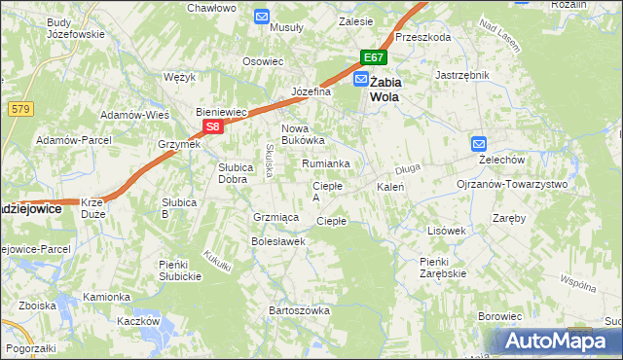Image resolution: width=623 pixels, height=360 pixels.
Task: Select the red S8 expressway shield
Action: (214, 126)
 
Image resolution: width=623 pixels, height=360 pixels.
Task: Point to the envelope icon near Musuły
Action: (262, 16)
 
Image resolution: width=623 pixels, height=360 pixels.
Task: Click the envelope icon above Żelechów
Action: (478, 144)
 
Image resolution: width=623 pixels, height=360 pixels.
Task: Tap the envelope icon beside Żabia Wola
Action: (361, 80)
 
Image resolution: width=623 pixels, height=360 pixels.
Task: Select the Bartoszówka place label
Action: (299, 310)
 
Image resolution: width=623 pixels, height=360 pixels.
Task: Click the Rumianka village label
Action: (325, 163)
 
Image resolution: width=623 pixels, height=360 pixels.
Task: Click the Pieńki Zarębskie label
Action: (443, 268)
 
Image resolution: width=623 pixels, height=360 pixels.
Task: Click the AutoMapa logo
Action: (554, 341)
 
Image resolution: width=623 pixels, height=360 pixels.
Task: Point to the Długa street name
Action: (408, 168)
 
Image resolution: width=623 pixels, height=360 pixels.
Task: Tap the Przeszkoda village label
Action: (423, 37)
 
